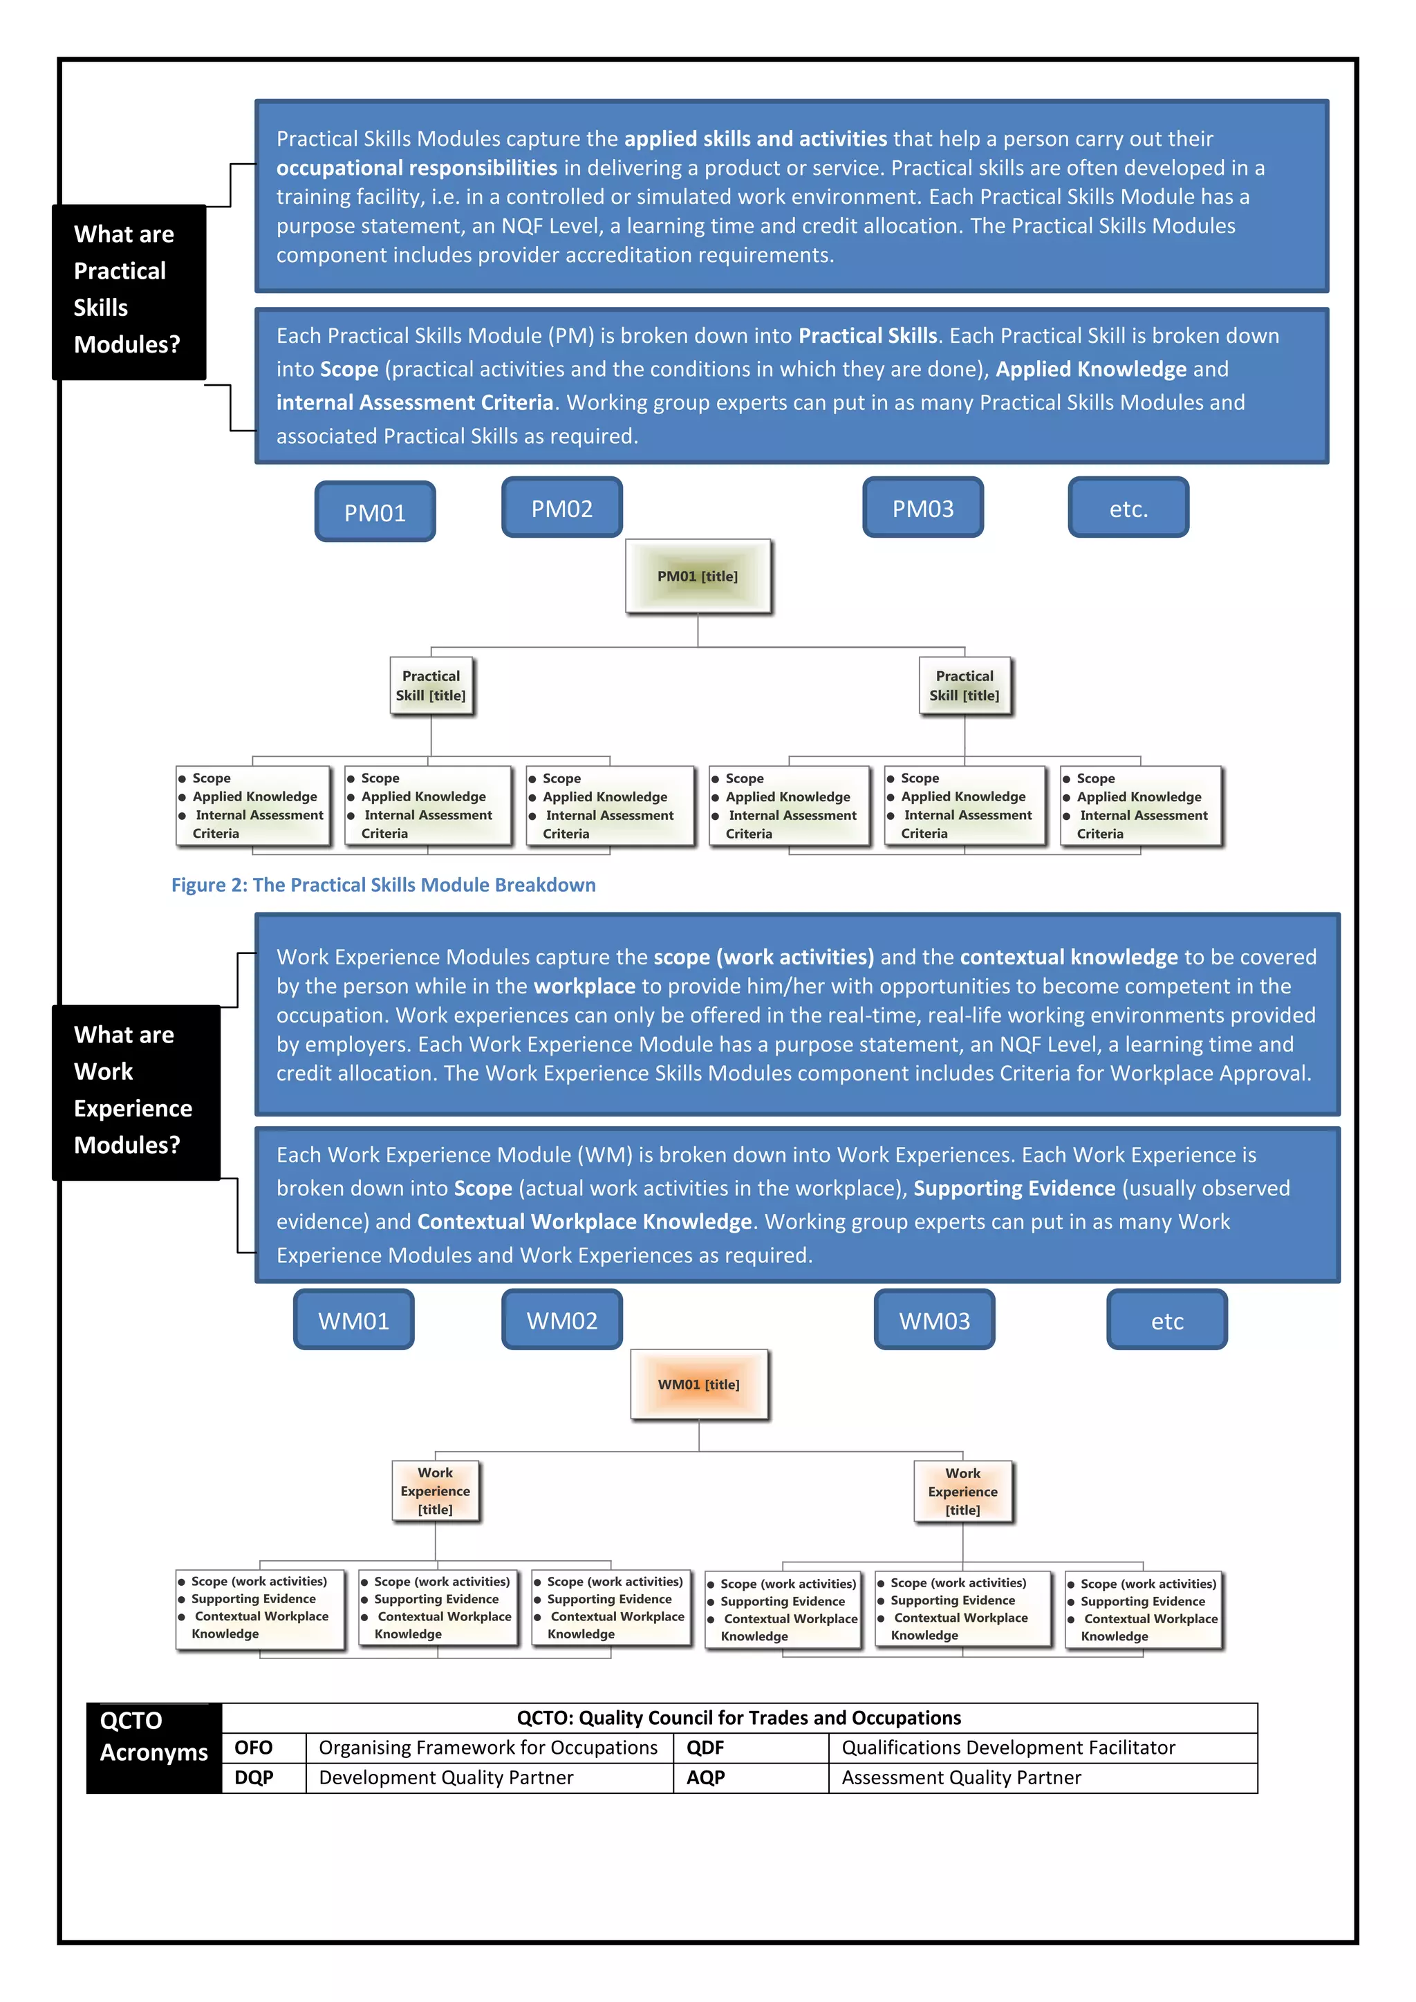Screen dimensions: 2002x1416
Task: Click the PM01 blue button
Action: click(375, 512)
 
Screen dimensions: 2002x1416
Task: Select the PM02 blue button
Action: click(561, 507)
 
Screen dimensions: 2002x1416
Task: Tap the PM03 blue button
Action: click(922, 507)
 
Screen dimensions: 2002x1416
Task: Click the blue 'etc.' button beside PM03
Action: click(1128, 507)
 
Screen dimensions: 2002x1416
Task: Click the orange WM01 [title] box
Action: click(698, 1385)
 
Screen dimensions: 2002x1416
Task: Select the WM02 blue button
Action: click(561, 1320)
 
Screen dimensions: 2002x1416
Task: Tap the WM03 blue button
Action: click(934, 1320)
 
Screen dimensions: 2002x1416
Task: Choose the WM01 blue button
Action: click(353, 1320)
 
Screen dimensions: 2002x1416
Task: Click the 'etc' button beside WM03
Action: click(1166, 1320)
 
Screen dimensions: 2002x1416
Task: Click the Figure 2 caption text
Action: click(383, 884)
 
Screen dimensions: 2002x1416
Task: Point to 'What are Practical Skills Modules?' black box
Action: click(128, 290)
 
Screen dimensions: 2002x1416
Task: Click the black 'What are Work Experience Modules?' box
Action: click(135, 1091)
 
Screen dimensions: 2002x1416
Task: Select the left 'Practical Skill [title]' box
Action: click(431, 685)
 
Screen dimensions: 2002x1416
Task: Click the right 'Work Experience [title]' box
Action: click(962, 1491)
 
